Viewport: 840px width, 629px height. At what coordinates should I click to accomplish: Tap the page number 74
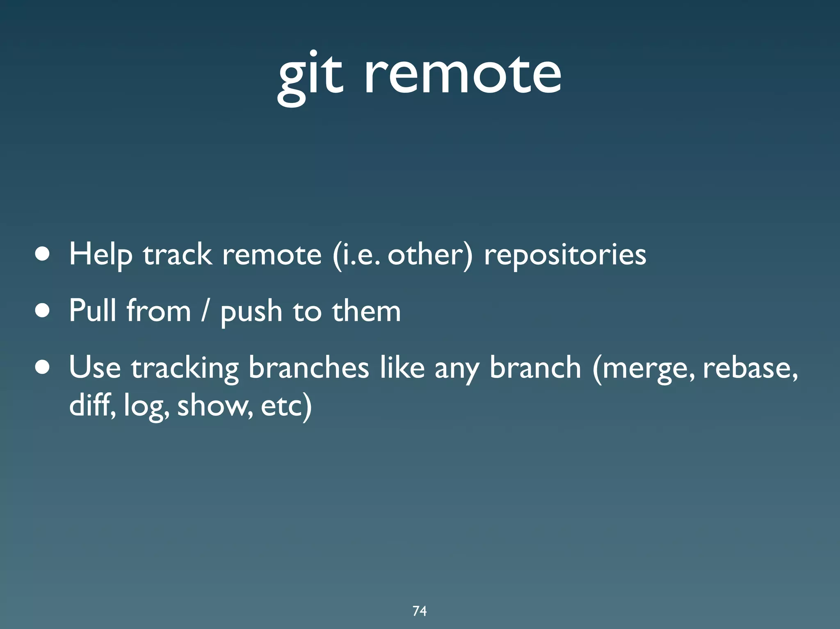(x=420, y=611)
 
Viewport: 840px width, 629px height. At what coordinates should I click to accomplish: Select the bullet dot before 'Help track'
(x=43, y=254)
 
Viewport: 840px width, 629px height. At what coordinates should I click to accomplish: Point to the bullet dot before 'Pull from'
(x=43, y=311)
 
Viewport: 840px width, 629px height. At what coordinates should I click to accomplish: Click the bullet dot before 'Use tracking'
(x=43, y=367)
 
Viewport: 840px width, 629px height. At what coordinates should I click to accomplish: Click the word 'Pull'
(x=92, y=311)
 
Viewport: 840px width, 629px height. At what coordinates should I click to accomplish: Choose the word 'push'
(x=251, y=311)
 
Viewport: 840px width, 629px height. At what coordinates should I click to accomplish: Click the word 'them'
(x=366, y=311)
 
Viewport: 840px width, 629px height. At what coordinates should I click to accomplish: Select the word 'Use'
(x=95, y=367)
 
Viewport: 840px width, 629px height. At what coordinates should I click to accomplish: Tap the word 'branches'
(x=308, y=367)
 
